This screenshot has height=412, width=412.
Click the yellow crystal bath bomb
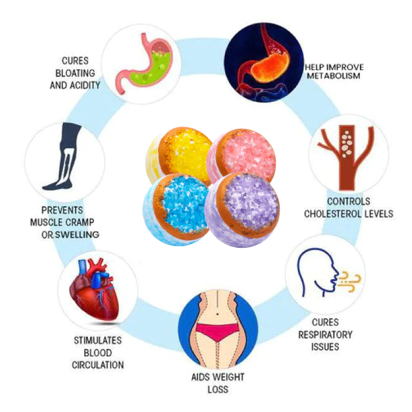pyautogui.click(x=181, y=153)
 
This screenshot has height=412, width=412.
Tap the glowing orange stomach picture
pyautogui.click(x=264, y=63)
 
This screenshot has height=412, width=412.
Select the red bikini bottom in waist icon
pyautogui.click(x=217, y=331)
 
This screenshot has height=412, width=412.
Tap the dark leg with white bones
pyautogui.click(x=63, y=157)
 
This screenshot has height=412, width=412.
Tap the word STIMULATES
pyautogui.click(x=97, y=341)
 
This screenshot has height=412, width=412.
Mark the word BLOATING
pyautogui.click(x=80, y=73)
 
